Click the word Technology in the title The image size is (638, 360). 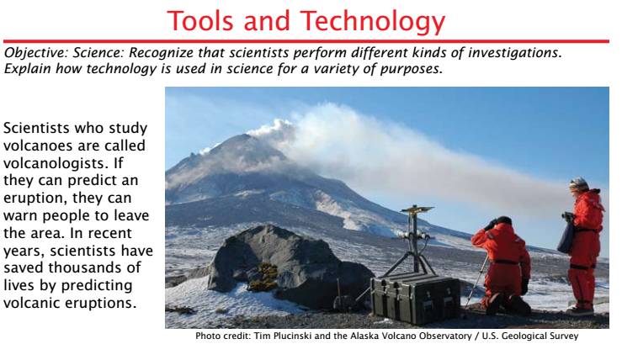point(372,22)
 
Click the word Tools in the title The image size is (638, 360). point(200,21)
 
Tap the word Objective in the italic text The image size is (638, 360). point(36,53)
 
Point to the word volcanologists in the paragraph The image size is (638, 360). point(56,163)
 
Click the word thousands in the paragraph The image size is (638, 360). point(94,267)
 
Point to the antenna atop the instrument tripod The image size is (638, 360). point(417,209)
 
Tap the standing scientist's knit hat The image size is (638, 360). point(578,185)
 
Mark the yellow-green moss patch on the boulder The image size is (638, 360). point(263,277)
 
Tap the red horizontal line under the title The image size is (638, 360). point(306,41)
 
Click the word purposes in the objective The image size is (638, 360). point(411,69)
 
